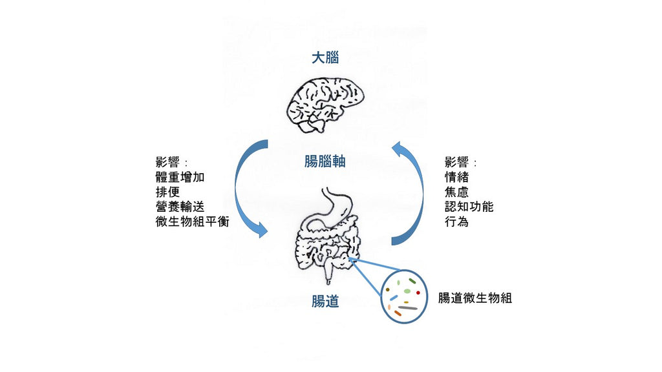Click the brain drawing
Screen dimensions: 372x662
(x=325, y=103)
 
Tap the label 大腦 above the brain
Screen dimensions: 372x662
(x=325, y=58)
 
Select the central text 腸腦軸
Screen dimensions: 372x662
(x=325, y=161)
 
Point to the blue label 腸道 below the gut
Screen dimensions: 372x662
(x=325, y=301)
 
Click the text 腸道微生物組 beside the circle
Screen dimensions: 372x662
(x=475, y=298)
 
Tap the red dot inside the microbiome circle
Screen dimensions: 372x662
(x=418, y=293)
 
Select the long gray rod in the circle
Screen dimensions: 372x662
(x=408, y=308)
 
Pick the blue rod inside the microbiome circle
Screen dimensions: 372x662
(x=393, y=298)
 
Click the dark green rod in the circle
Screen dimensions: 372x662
(x=411, y=281)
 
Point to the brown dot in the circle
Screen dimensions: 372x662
(x=387, y=289)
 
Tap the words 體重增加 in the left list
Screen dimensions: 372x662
(x=176, y=177)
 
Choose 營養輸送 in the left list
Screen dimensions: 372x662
(x=176, y=207)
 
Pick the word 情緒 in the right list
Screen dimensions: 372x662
(x=456, y=177)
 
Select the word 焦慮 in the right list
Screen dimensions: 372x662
(x=456, y=192)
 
